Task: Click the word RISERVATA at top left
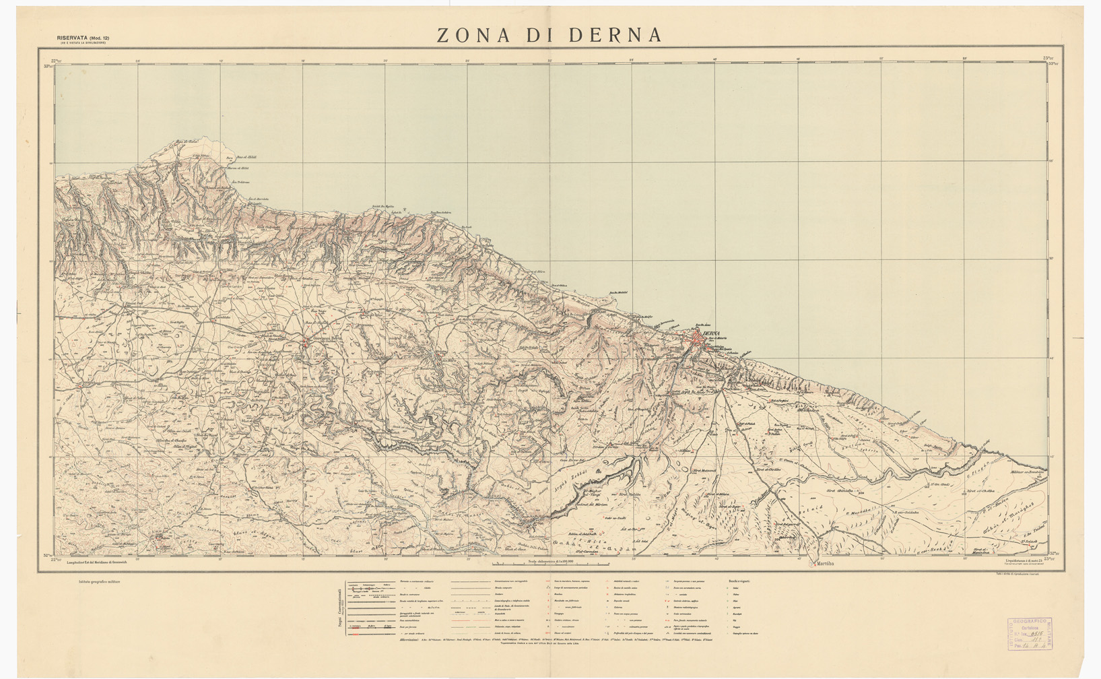click(73, 38)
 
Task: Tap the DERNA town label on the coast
click(710, 333)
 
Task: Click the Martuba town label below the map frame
click(826, 563)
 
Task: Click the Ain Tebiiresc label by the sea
click(240, 182)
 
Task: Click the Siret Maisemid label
click(704, 471)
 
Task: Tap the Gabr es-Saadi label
click(615, 517)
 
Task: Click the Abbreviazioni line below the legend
click(411, 639)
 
